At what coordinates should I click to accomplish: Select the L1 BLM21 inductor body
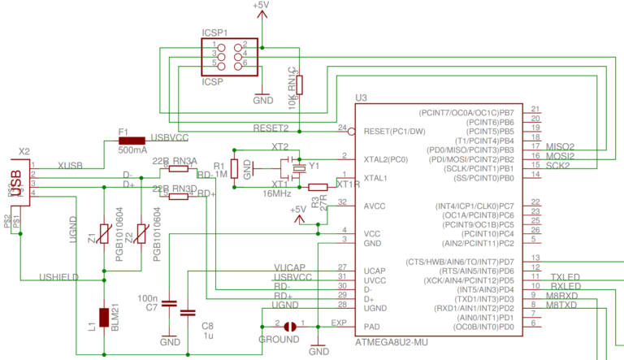pyautogui.click(x=104, y=320)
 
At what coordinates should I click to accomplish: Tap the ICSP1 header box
pyautogui.click(x=228, y=54)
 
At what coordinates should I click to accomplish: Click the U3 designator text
pyautogui.click(x=362, y=98)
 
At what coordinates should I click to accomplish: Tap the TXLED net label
pyautogui.click(x=565, y=277)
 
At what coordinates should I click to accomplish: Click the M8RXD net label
pyautogui.click(x=561, y=296)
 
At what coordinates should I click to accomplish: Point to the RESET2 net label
pyautogui.click(x=271, y=128)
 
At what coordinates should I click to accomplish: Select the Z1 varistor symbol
pyautogui.click(x=104, y=235)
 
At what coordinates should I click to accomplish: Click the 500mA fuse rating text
pyautogui.click(x=132, y=150)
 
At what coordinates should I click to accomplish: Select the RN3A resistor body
pyautogui.click(x=177, y=170)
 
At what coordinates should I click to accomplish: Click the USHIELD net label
pyautogui.click(x=58, y=277)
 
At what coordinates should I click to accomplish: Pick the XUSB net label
pyautogui.click(x=70, y=166)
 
